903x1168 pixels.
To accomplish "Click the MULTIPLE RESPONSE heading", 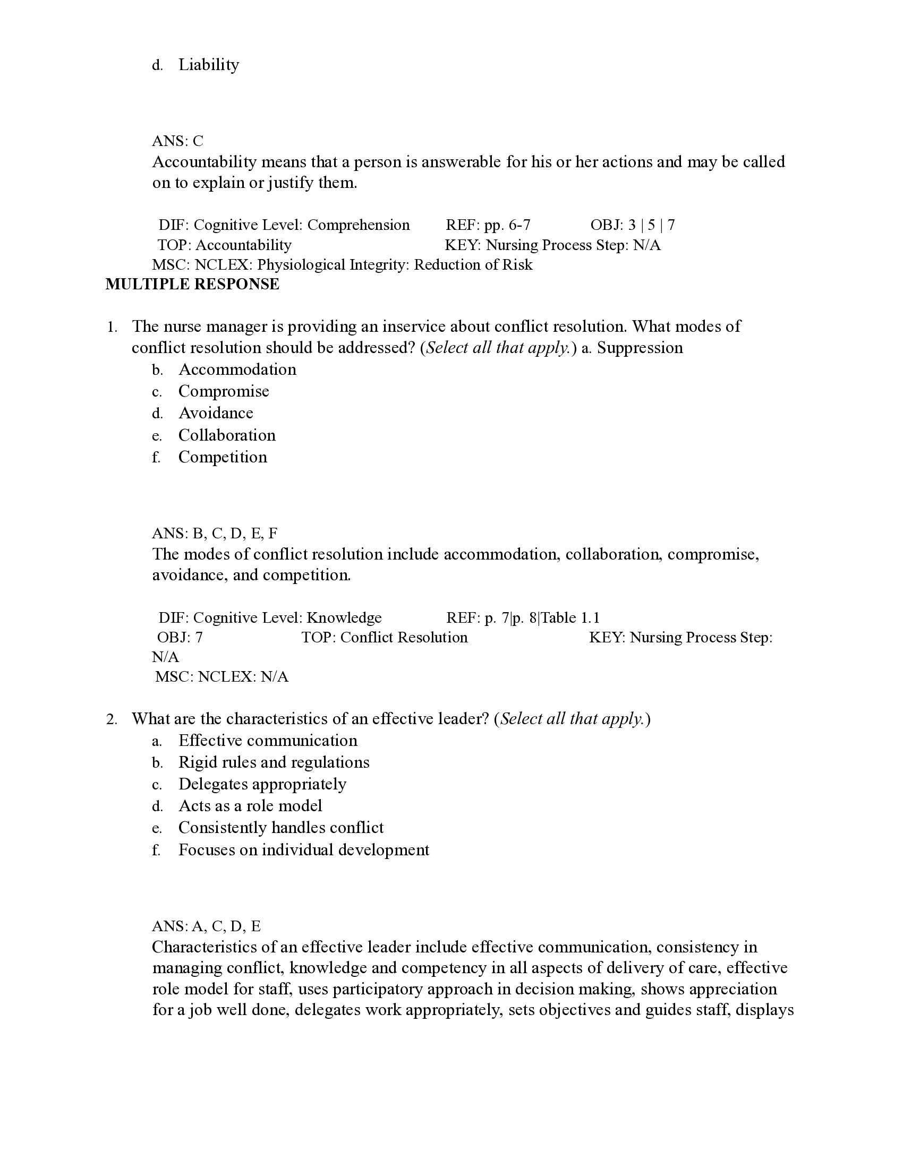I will [192, 284].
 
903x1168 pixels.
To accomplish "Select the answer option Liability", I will [208, 65].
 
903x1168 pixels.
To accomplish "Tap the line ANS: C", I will [177, 141].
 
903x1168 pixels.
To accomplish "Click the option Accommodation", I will [237, 370].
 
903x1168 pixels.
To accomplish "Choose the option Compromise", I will [224, 391].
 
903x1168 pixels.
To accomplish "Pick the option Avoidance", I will [216, 414].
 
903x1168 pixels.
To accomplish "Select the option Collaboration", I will [227, 435].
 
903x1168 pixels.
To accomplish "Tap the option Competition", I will [223, 457].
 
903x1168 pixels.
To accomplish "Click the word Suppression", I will [640, 348].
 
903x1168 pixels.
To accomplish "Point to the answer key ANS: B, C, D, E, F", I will [215, 533].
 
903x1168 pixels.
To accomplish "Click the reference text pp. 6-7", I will [507, 225].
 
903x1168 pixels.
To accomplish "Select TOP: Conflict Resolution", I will [384, 638].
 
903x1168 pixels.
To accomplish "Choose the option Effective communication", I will [268, 741].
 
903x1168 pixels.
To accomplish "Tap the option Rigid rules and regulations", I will [274, 762].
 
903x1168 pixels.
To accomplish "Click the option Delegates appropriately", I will [262, 785].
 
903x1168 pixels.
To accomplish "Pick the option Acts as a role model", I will [250, 806].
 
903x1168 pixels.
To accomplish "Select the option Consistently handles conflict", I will [281, 828].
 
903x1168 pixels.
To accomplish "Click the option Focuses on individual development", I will [303, 851].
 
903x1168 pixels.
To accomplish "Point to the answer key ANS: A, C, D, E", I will [206, 926].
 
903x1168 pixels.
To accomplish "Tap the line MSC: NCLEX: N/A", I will [222, 677].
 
